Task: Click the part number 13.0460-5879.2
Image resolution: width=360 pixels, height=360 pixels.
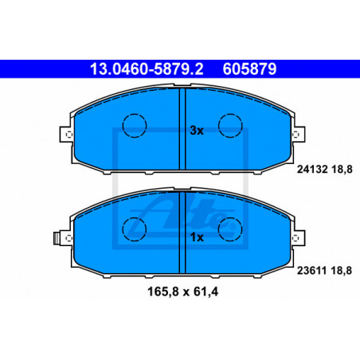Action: [x=147, y=69]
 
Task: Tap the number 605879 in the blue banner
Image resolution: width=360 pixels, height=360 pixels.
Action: [x=249, y=69]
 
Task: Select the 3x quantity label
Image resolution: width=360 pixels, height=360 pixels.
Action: [x=197, y=131]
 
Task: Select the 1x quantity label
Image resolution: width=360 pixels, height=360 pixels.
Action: [x=197, y=237]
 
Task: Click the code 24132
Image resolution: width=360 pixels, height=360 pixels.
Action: [x=312, y=169]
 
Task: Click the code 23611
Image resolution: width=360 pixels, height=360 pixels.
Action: [x=312, y=271]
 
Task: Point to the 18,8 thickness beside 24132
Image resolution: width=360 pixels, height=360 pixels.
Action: [x=342, y=169]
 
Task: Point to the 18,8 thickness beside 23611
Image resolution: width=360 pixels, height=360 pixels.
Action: [x=342, y=271]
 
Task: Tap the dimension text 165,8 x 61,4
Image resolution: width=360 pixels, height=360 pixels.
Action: [x=182, y=292]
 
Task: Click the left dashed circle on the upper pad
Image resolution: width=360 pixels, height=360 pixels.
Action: [x=135, y=114]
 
